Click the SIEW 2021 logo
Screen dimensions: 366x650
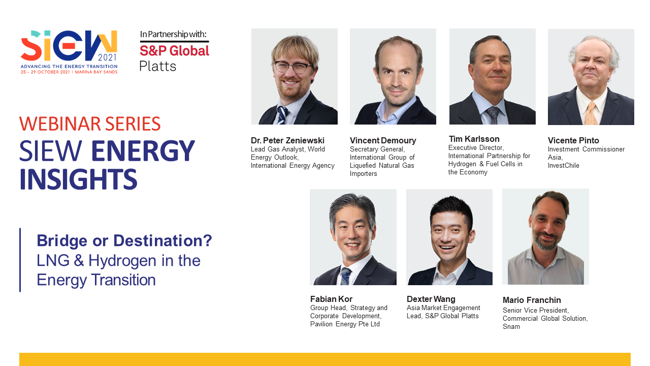click(69, 51)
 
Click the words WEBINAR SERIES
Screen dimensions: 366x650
click(90, 124)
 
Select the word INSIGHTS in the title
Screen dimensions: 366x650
click(79, 179)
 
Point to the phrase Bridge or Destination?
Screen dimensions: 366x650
click(124, 240)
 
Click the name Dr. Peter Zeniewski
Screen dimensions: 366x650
click(287, 140)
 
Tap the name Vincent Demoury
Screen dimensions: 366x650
click(383, 140)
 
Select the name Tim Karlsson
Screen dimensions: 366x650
click(474, 139)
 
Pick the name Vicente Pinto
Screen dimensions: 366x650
click(573, 140)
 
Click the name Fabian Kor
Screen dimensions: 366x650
click(331, 299)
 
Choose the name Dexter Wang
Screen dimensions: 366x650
click(431, 299)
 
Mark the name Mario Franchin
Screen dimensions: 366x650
click(532, 300)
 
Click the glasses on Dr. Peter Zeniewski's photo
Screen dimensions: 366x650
click(293, 67)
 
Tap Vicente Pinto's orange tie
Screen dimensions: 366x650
click(591, 114)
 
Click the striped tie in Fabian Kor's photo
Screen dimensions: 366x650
click(346, 276)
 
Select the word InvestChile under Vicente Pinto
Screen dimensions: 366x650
click(564, 166)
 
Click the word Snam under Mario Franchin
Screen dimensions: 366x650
click(511, 327)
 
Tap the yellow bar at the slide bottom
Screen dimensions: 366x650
click(325, 359)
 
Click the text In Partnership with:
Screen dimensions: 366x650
click(174, 35)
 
